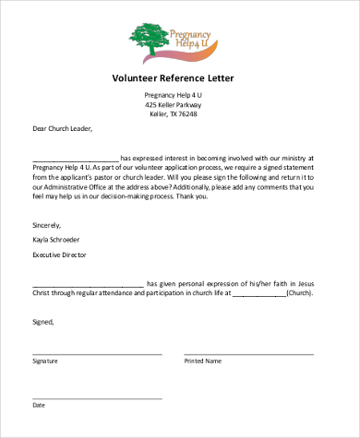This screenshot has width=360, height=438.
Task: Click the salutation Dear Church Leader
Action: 63,130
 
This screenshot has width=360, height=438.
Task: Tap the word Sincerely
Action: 47,224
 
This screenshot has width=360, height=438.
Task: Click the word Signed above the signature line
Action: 43,322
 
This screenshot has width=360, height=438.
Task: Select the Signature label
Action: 45,361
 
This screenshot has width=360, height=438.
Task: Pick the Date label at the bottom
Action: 39,405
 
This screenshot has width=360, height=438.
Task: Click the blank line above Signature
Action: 97,353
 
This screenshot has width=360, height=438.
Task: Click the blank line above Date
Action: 97,397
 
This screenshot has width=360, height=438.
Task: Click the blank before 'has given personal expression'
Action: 88,285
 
